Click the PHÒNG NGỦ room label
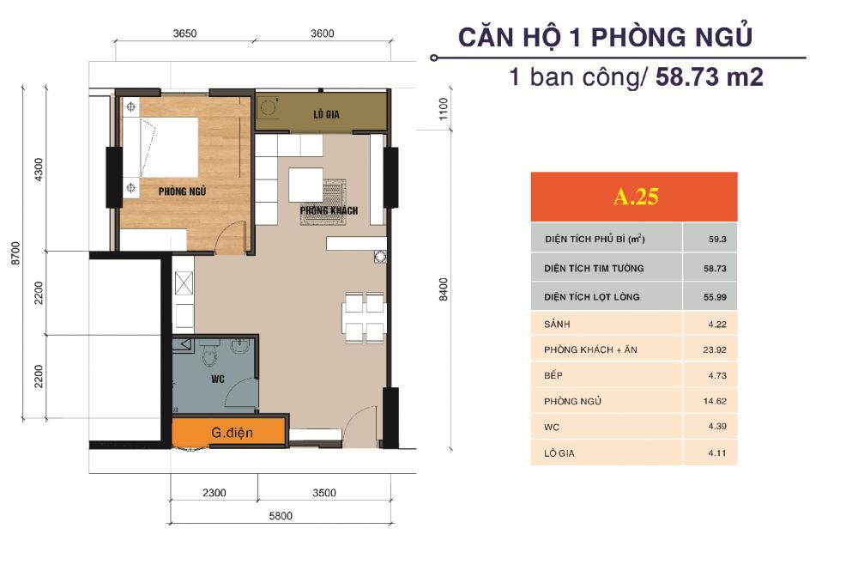tap(182, 191)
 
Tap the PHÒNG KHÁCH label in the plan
tap(329, 210)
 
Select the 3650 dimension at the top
tap(185, 33)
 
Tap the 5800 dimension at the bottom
tap(280, 516)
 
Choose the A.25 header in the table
tap(634, 197)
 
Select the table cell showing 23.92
tap(710, 349)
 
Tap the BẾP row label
tap(553, 376)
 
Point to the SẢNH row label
tap(558, 325)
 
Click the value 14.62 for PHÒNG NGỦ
tap(710, 401)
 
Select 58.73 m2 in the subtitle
tap(709, 77)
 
